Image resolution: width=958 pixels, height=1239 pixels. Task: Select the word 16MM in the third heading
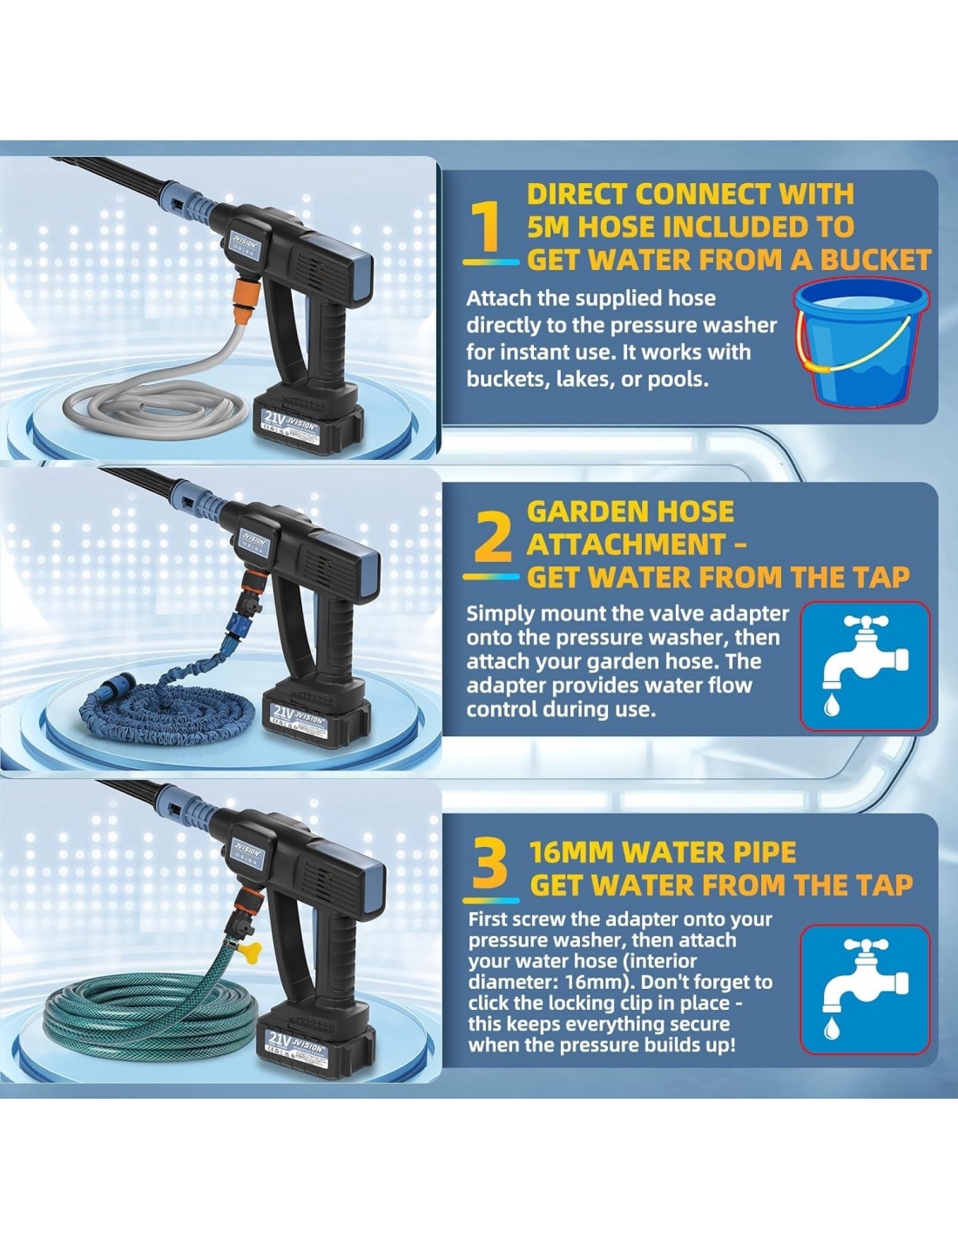point(571,852)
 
